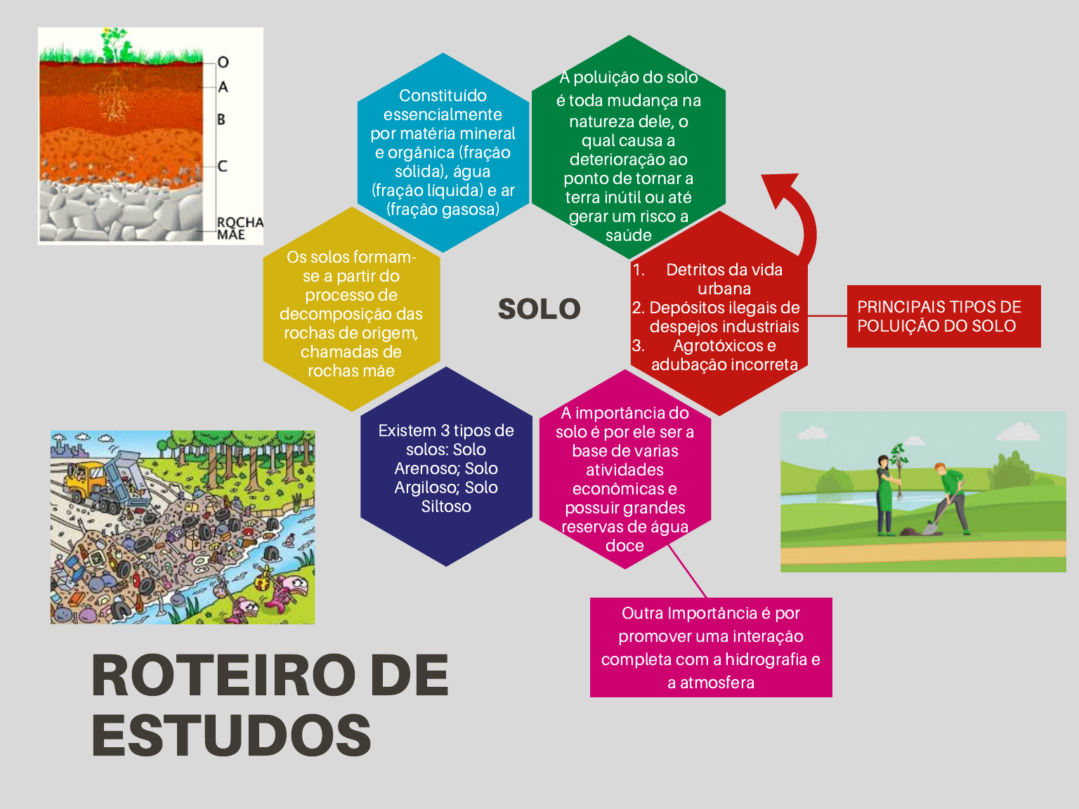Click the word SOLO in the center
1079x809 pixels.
pos(539,309)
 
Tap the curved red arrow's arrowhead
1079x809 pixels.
pos(779,188)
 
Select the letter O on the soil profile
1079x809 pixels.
pos(223,63)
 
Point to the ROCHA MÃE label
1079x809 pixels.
pos(240,228)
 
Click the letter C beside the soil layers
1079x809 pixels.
pos(223,166)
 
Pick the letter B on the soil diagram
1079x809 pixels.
pos(221,119)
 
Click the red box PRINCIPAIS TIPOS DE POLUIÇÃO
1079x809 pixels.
pos(944,316)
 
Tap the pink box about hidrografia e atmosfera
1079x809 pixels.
pos(711,647)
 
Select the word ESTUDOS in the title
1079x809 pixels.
pos(231,735)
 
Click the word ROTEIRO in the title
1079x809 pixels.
pos(223,676)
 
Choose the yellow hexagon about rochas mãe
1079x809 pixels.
pos(351,310)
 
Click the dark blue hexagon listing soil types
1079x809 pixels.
pos(446,466)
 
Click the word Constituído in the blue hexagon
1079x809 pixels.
pos(443,96)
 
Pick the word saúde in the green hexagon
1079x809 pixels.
pos(629,236)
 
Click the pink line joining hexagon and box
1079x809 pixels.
pos(687,571)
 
